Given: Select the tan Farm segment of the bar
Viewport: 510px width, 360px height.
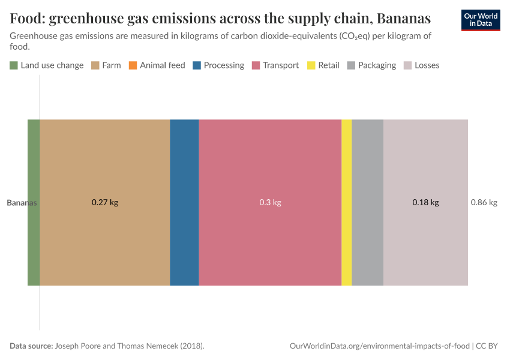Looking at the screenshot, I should coord(105,168).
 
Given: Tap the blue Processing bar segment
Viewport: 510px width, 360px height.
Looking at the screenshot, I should coord(184,202).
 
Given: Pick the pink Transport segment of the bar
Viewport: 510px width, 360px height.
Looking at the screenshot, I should coord(270,168).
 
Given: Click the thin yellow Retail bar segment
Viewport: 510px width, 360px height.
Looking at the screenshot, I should coord(346,202).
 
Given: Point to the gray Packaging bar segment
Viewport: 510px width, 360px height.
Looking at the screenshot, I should coord(367,202).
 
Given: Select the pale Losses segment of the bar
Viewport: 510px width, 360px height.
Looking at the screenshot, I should coord(425,168).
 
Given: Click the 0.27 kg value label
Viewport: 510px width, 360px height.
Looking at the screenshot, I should coord(105,203).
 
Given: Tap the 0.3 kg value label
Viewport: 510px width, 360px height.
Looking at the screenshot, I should coord(270,203).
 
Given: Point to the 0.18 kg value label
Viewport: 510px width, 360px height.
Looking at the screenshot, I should coord(425,203).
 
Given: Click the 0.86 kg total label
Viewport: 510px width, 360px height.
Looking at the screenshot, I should coord(484,203).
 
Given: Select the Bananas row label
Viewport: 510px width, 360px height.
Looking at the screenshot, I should coord(22,203).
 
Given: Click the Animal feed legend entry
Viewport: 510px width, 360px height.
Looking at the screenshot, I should coord(157,65).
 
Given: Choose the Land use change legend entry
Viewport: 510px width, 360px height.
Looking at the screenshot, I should coord(47,65).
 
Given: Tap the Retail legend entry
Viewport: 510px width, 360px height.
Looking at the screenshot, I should coord(323,65).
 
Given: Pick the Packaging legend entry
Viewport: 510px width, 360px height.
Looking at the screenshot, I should coord(371,65).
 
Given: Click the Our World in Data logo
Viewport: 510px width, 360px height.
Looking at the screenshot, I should coord(481,20).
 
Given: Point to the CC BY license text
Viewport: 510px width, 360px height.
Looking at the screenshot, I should coord(487,346).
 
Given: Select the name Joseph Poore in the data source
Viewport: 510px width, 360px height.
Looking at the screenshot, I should coord(81,346).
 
